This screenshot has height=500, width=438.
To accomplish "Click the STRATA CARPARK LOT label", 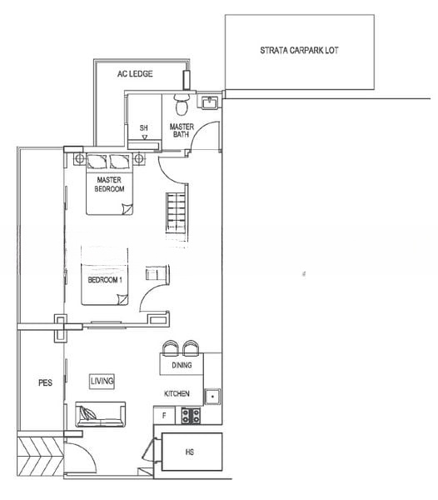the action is point(299,50).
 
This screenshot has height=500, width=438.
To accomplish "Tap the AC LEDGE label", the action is point(135,74).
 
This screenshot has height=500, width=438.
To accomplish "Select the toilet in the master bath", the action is point(182,104).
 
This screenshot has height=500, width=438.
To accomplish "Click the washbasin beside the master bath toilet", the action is point(209,102).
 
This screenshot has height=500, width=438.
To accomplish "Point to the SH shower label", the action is point(144,127).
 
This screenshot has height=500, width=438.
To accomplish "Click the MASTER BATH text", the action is point(182,131).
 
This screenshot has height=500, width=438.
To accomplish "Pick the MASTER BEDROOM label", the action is point(109,184).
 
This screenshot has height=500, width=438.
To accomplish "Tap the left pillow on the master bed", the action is point(97,162).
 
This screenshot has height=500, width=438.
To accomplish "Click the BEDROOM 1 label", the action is point(105,280).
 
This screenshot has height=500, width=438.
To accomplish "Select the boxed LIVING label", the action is point(102,381).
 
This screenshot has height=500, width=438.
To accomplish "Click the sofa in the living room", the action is point(101,414).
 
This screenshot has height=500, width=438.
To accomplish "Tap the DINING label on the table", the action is point(182,365).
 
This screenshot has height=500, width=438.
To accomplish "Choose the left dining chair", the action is point(171,347).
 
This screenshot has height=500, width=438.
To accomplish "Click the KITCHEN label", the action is point(177,394).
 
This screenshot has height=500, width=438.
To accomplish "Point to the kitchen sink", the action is point(212,397).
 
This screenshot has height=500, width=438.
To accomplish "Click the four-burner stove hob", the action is point(191,416).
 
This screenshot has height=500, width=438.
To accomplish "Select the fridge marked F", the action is point(164,416).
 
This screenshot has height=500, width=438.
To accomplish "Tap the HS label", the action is point(190,452).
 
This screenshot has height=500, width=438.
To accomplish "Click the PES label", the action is point(45,382).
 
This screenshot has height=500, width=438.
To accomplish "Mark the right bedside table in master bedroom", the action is point(139,158).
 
